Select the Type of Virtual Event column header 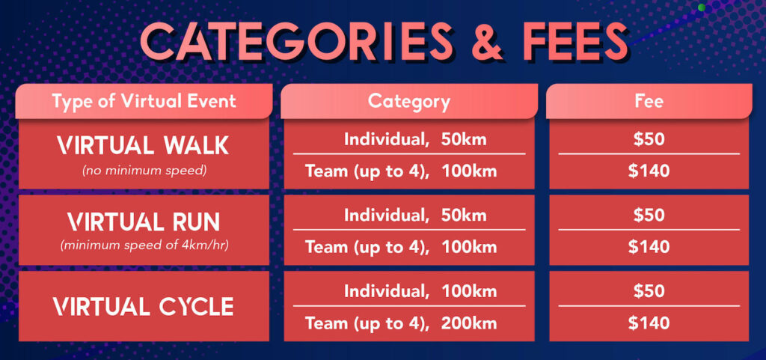(144, 101)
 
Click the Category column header (409, 101)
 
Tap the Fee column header (649, 101)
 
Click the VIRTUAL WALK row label (143, 145)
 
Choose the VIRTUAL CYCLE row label (143, 307)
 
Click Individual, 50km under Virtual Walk (415, 140)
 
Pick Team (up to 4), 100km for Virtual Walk (401, 171)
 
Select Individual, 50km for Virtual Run (415, 216)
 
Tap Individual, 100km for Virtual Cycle (420, 292)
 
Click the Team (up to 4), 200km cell (401, 323)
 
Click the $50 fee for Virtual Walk (649, 140)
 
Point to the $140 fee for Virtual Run (649, 247)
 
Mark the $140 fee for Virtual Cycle (649, 323)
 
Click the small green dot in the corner (702, 7)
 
